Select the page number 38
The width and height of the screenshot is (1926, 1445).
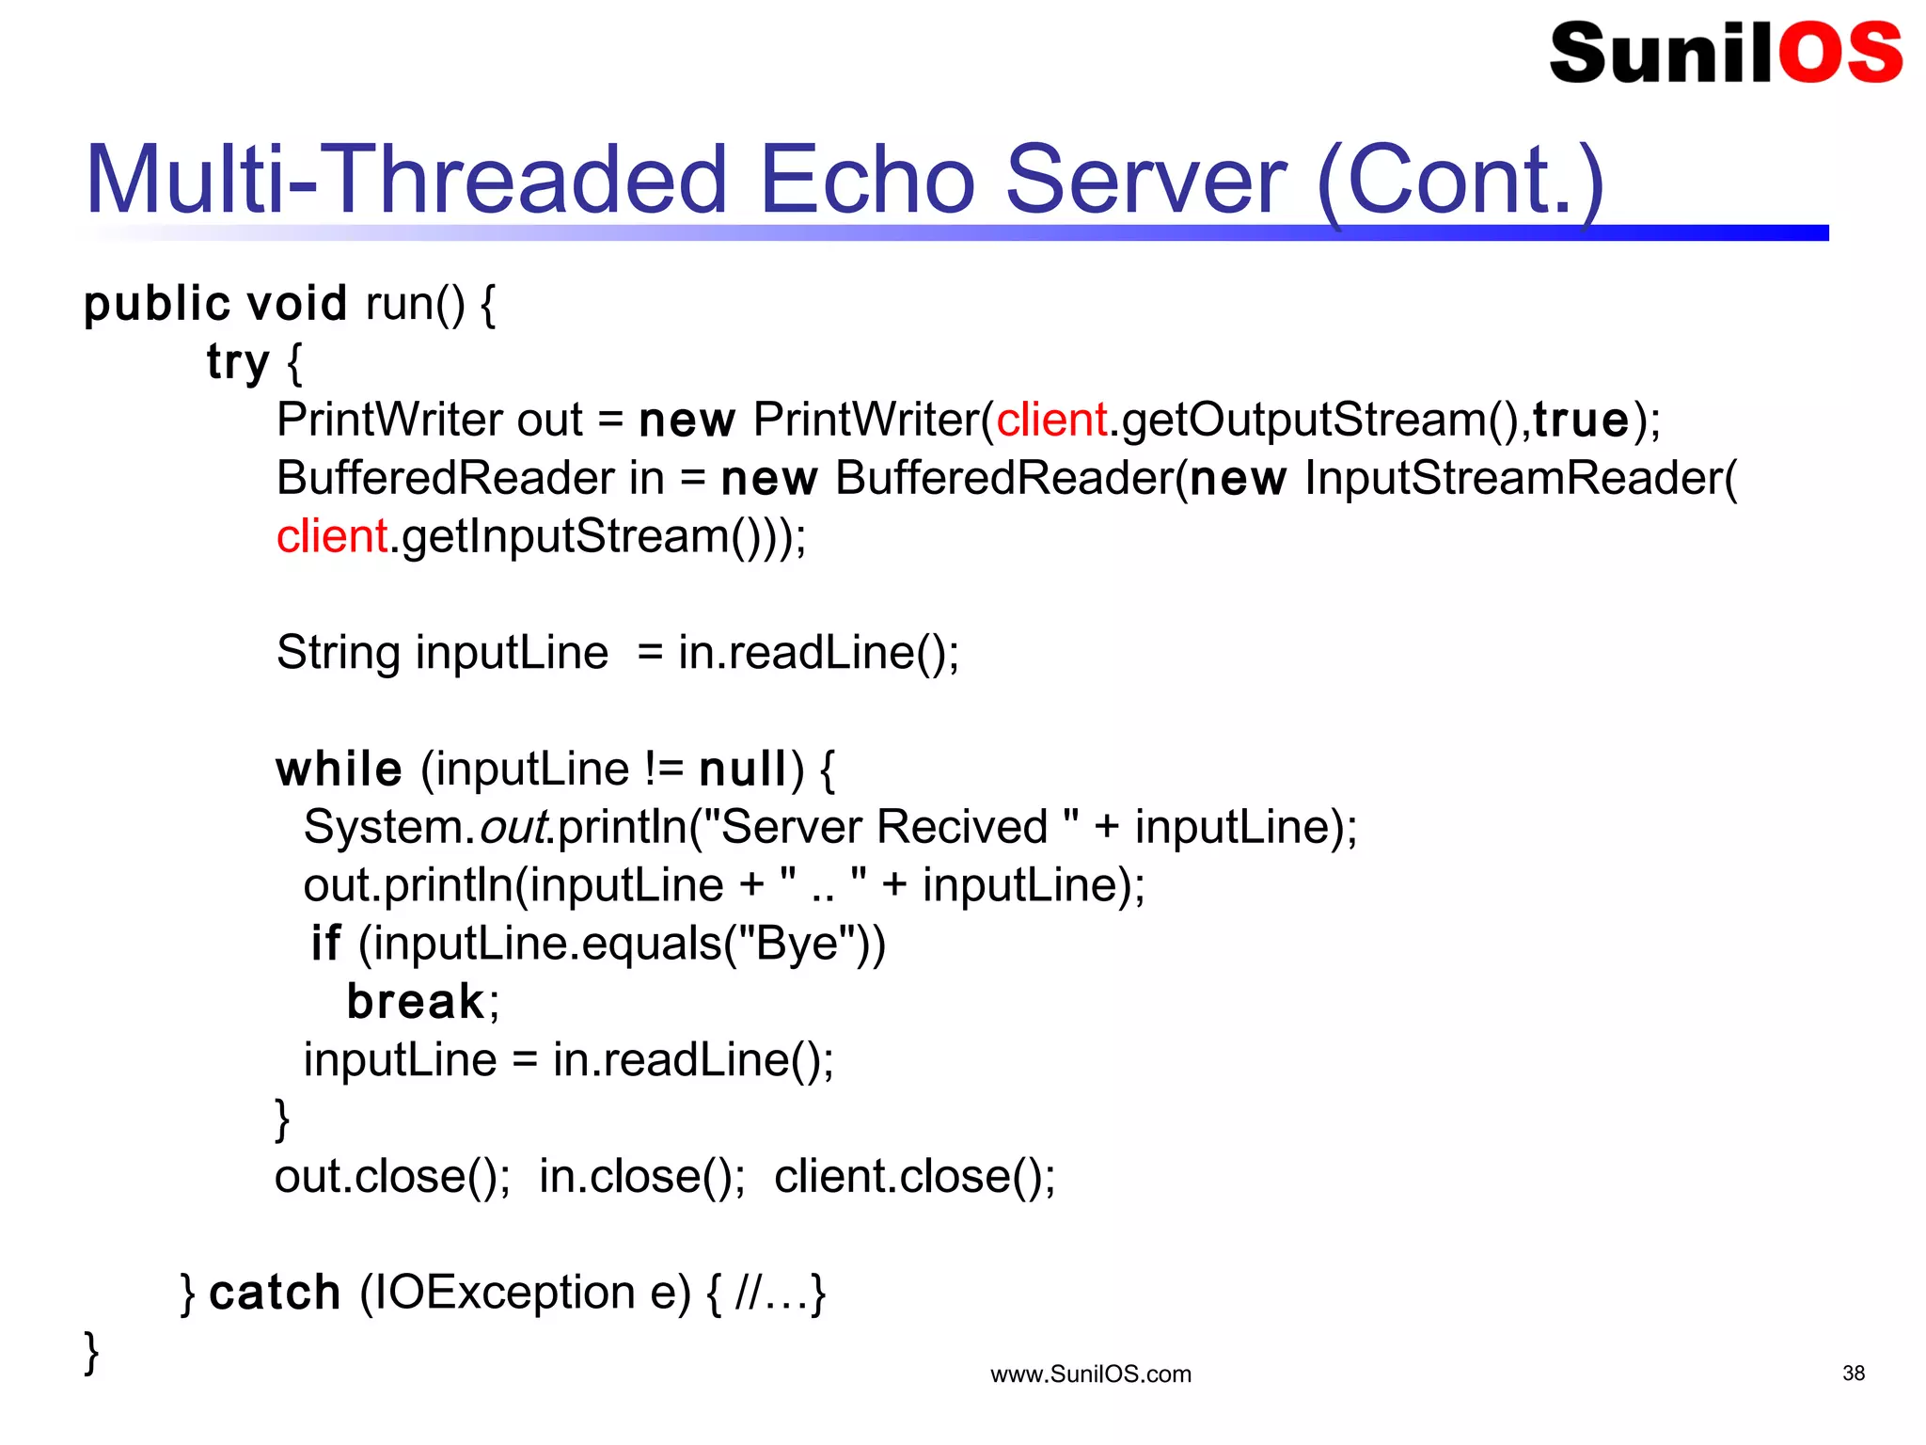(1853, 1374)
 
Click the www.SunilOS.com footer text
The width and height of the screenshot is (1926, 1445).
(1090, 1374)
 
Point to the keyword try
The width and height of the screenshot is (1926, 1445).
(238, 362)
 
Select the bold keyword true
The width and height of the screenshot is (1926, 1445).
(1580, 420)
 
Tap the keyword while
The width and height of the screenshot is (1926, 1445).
(339, 770)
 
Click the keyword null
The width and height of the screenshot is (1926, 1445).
(743, 770)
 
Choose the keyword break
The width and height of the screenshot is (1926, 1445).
(415, 1001)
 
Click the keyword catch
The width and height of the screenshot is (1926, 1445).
(275, 1293)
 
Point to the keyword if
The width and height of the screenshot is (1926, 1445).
(325, 943)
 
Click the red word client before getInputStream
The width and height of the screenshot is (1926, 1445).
(331, 536)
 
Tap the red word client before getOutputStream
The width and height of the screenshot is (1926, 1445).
(1050, 420)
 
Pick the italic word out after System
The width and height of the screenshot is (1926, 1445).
(513, 827)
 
